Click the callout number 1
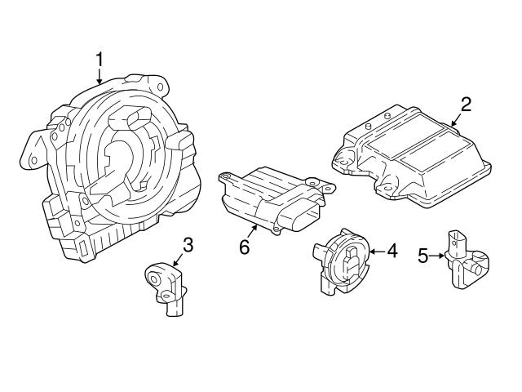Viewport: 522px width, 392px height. pos(100,59)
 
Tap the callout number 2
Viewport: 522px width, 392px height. pos(466,104)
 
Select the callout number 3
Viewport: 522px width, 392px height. pos(187,243)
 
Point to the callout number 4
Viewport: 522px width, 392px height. pos(391,252)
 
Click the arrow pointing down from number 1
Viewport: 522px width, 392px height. pos(100,77)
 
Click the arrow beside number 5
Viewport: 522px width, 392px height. pos(438,256)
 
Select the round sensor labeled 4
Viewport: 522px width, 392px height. pos(343,261)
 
